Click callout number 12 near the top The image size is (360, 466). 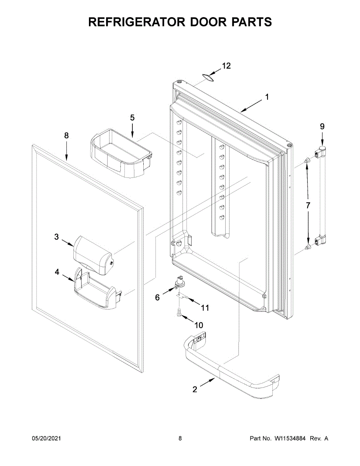click(x=226, y=66)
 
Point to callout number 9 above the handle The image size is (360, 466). click(x=322, y=126)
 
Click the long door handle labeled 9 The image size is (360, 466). click(x=322, y=198)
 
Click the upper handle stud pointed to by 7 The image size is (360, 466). click(x=306, y=160)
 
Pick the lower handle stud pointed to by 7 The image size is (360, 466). click(x=308, y=247)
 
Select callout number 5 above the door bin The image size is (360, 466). click(x=132, y=117)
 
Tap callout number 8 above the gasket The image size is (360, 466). click(x=66, y=135)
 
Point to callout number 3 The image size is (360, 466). click(x=56, y=237)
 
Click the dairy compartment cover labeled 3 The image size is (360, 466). click(x=93, y=254)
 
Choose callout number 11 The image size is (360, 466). click(x=205, y=308)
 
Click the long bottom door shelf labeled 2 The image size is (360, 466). click(x=233, y=369)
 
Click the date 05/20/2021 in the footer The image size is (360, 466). click(x=46, y=438)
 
